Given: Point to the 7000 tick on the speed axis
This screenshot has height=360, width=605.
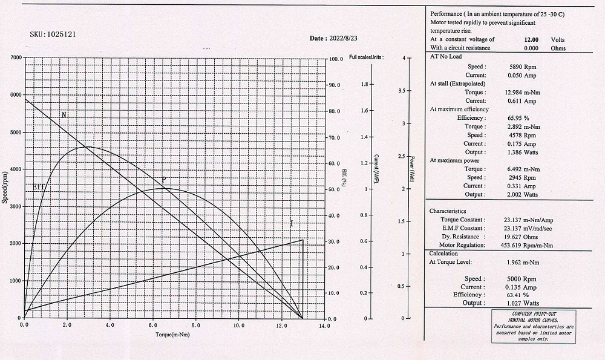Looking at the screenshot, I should click(14, 58).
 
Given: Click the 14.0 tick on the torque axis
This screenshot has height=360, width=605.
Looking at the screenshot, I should click(325, 326).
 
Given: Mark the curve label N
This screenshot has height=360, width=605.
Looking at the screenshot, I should click(64, 115).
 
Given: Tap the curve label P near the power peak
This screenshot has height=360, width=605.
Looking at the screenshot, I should click(163, 180).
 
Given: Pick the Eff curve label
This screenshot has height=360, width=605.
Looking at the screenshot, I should click(39, 188).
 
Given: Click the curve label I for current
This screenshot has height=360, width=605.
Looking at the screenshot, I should click(292, 224).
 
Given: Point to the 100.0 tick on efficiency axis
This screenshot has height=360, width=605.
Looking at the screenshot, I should click(335, 59).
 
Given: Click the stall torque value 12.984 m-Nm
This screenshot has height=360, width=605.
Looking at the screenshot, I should click(522, 92).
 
